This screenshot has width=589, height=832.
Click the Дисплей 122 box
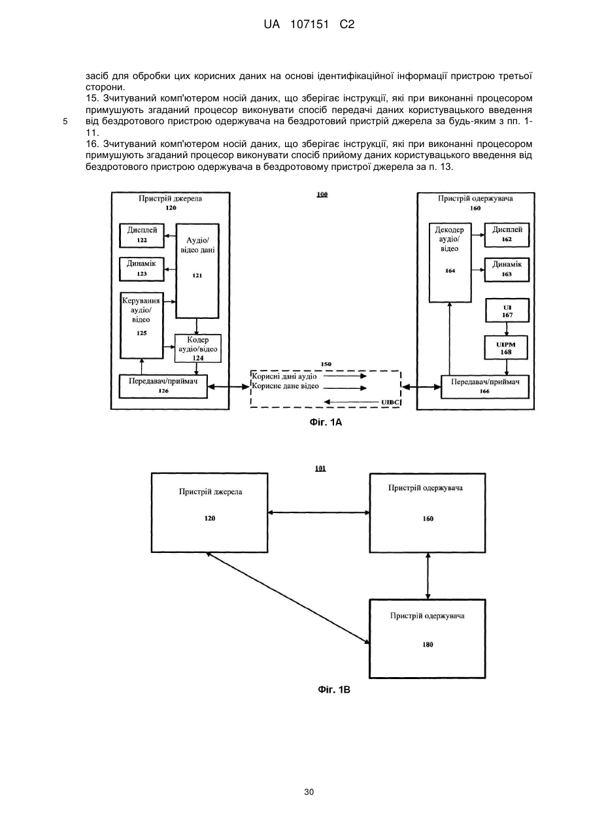click(x=142, y=235)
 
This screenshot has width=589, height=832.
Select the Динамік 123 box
click(x=142, y=269)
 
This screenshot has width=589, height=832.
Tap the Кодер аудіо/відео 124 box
click(x=197, y=348)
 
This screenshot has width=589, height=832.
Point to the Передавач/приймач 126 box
click(x=163, y=386)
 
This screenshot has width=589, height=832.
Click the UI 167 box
click(x=507, y=310)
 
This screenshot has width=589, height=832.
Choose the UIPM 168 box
click(x=506, y=348)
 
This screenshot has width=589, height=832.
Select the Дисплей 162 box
click(x=507, y=235)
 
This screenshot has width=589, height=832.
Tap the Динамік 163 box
click(x=507, y=269)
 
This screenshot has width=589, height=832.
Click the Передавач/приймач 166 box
click(x=485, y=387)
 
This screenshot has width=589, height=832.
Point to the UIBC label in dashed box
click(x=390, y=402)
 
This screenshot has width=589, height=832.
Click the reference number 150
click(x=326, y=364)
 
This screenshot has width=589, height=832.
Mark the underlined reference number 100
click(x=322, y=194)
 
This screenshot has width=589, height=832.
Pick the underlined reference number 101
click(x=320, y=469)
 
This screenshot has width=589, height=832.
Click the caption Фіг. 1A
click(x=326, y=422)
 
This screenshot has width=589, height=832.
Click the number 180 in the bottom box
click(x=428, y=645)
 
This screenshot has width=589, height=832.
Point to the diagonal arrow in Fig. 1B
click(x=288, y=597)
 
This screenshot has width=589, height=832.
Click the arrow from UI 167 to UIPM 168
click(x=507, y=329)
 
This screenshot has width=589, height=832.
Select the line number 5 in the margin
click(x=65, y=122)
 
